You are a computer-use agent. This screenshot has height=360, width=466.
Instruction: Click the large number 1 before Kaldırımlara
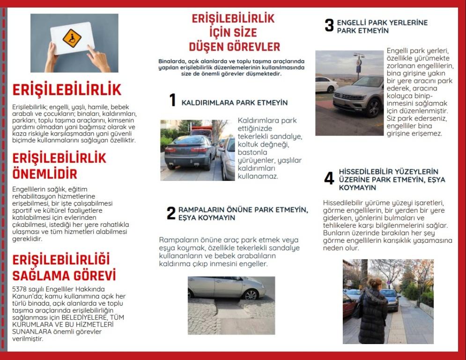[x=172, y=100]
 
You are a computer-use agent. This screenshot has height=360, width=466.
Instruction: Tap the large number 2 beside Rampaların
[x=171, y=213]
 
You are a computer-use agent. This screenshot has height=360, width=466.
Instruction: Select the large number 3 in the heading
[x=329, y=25]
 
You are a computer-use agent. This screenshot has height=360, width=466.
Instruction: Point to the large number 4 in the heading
[x=329, y=179]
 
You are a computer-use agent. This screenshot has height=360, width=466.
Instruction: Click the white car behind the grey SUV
[x=325, y=84]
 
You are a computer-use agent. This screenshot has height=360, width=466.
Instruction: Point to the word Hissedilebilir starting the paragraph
[x=345, y=202]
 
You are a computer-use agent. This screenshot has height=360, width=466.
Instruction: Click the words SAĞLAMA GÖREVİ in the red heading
[x=64, y=275]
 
